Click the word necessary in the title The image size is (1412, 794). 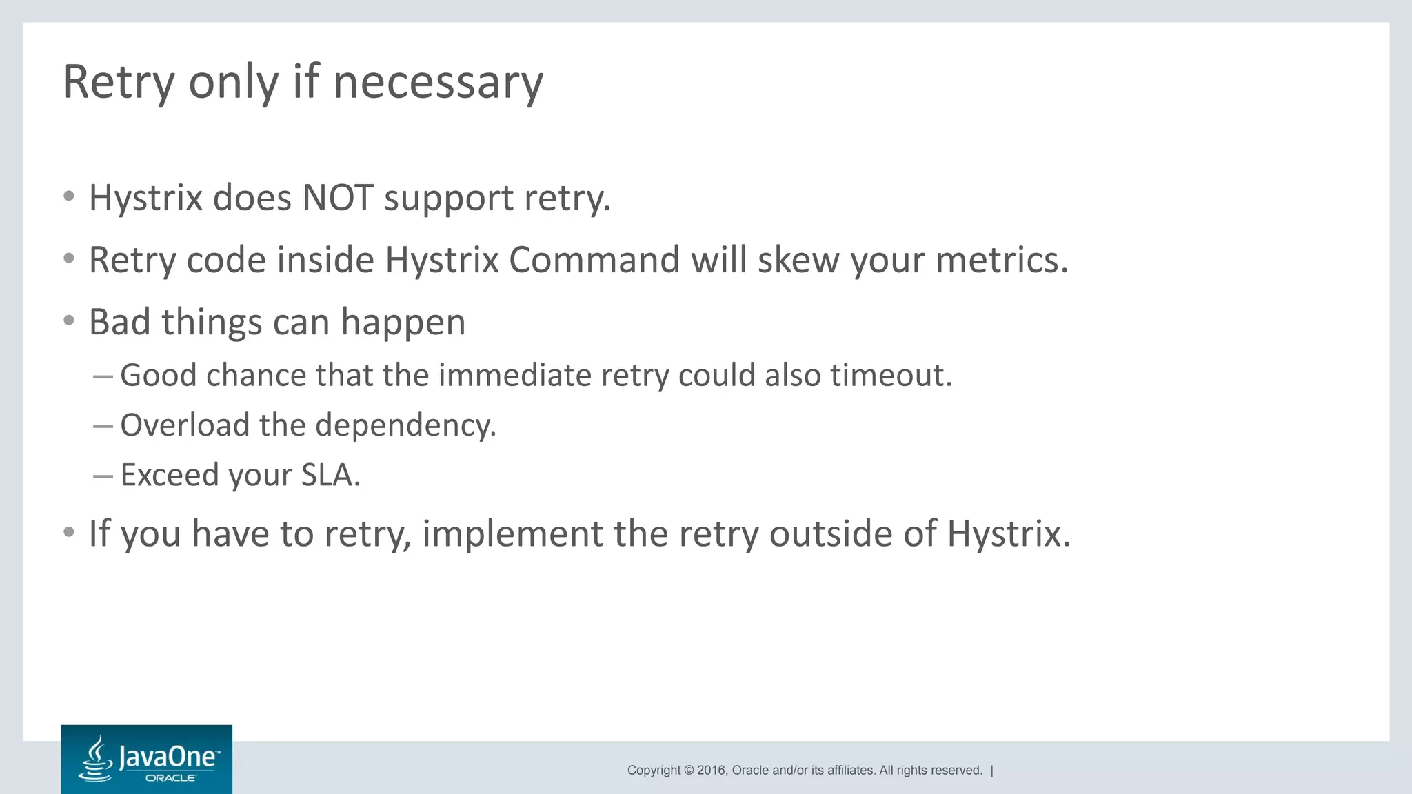coord(438,83)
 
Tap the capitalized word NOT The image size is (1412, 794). coord(338,198)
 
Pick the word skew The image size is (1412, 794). coord(798,261)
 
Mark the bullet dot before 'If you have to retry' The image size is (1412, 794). coord(68,533)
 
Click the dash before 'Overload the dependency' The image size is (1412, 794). coord(103,426)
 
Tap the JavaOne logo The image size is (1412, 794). coord(147,760)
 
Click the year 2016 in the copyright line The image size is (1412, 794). coord(712,771)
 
